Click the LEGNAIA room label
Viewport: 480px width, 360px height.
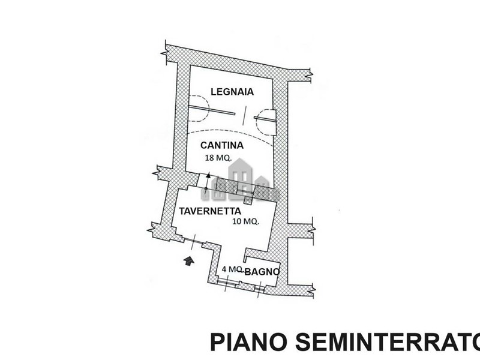(x=233, y=92)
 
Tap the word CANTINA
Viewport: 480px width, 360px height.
(x=221, y=145)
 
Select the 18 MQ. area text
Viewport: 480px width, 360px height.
(x=219, y=158)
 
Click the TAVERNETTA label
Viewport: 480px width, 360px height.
(x=210, y=211)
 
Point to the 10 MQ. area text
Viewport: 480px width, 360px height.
(x=245, y=221)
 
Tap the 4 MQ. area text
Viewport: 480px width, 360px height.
(x=232, y=269)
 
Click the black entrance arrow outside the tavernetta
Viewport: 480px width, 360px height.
(x=188, y=260)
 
